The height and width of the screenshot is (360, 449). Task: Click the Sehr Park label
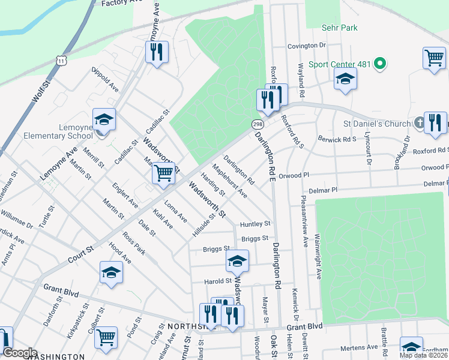[x=340, y=28]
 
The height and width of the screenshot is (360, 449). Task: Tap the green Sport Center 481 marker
[x=379, y=63]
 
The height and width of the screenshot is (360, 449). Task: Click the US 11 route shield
[x=60, y=59]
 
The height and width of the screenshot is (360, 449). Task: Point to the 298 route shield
[x=257, y=124]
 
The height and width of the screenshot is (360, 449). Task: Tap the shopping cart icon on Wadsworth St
[x=163, y=173]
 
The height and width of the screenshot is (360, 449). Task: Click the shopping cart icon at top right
[x=433, y=58]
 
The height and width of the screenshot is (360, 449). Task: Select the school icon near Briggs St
[x=237, y=260]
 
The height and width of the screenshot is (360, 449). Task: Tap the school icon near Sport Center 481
[x=345, y=79]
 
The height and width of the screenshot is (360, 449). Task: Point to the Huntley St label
[x=255, y=224]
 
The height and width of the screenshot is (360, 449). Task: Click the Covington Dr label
[x=306, y=46]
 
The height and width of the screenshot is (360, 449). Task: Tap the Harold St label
[x=218, y=281]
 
